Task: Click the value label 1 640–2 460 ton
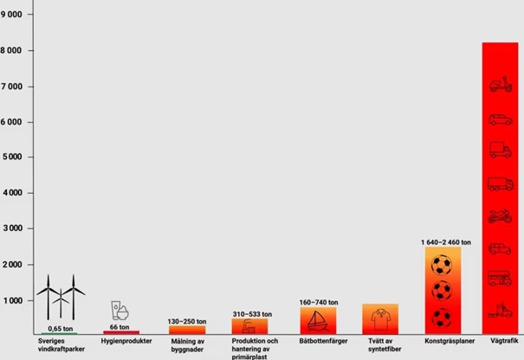click(x=446, y=241)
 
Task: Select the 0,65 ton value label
click(x=61, y=329)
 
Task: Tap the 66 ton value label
click(x=120, y=327)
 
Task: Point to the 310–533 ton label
click(x=251, y=314)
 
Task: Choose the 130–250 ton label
click(x=187, y=321)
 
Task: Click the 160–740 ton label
click(x=317, y=303)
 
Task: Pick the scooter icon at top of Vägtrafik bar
click(x=500, y=84)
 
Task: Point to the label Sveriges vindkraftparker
click(x=61, y=345)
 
